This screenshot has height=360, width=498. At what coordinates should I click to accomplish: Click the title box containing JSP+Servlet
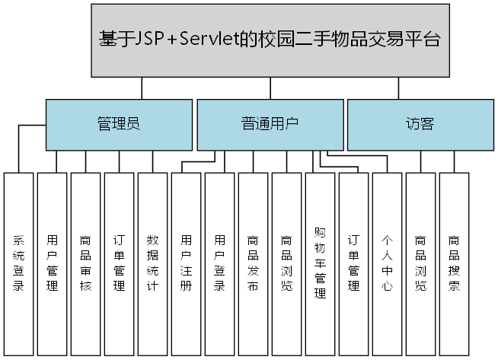coord(270,40)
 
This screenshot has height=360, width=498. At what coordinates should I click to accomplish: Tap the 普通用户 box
coord(270,124)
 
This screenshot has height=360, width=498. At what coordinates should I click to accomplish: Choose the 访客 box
coord(420,124)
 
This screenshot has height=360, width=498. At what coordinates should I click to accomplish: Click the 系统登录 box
coord(19,263)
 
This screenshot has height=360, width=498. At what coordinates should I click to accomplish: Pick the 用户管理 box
coord(53,263)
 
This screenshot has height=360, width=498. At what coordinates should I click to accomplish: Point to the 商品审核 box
coord(86,263)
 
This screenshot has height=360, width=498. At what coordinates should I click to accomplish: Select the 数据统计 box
coord(152,263)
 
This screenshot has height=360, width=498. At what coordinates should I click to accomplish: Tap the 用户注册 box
coord(187,263)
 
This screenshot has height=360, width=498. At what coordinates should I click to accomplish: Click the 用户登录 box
coord(220,263)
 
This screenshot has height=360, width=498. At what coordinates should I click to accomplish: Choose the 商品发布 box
coord(254,263)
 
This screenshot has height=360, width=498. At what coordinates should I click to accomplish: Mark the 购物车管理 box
coord(320,263)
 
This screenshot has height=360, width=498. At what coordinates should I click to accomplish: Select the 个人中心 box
coord(387,263)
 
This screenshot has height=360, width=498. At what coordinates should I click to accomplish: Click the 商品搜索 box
coord(454,263)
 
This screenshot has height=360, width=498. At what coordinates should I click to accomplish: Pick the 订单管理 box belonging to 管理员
coord(119,263)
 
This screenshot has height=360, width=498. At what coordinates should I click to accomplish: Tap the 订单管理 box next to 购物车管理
coord(353,263)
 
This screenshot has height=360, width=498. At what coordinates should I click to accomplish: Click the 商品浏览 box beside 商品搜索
coord(420,263)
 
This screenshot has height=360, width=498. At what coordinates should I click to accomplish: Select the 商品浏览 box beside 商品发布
coord(287,263)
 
